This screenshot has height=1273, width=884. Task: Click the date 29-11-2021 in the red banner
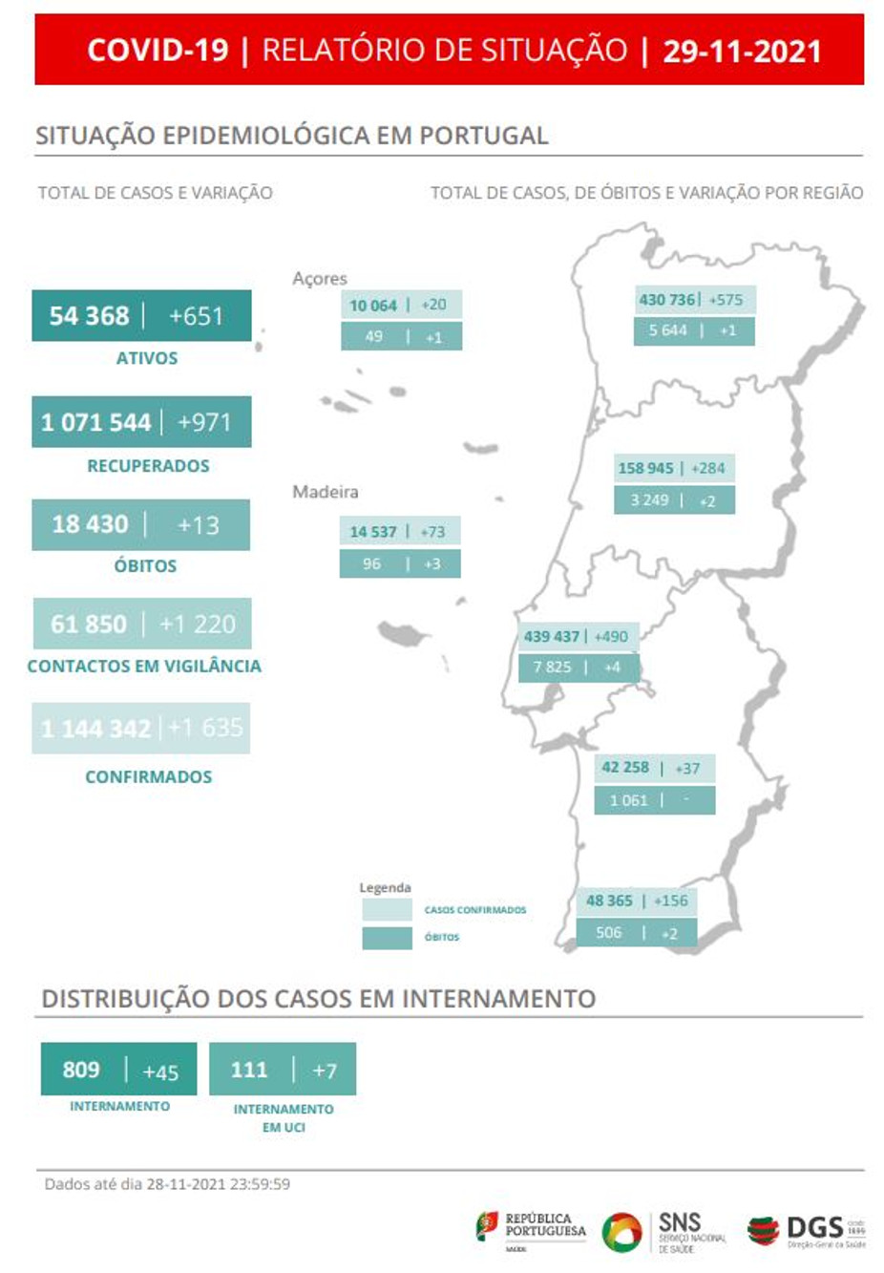point(742,51)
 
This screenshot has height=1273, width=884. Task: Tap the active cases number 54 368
point(89,316)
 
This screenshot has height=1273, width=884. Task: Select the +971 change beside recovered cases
point(203,422)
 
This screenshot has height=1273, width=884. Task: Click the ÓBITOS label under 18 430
point(145,565)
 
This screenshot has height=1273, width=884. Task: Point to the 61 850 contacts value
point(88,625)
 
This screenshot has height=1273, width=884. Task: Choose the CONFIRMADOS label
point(148,776)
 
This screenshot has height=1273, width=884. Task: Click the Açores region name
point(319,278)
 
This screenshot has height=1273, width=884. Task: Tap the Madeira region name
point(325,492)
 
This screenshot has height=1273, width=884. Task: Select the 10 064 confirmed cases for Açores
point(372,306)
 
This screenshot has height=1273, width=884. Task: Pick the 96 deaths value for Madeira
point(371,564)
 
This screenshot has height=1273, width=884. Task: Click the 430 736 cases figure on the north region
point(666,300)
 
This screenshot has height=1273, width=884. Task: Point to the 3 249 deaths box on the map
point(650,500)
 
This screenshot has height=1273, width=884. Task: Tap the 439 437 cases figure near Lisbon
point(551,637)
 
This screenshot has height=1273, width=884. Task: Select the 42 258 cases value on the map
point(625,768)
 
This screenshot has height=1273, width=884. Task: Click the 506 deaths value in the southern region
point(609,933)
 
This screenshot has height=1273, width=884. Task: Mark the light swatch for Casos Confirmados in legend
point(387,910)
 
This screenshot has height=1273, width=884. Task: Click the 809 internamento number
point(81,1070)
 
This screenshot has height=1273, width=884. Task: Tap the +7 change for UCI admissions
point(325,1071)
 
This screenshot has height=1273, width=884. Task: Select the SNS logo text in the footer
point(680,1223)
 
